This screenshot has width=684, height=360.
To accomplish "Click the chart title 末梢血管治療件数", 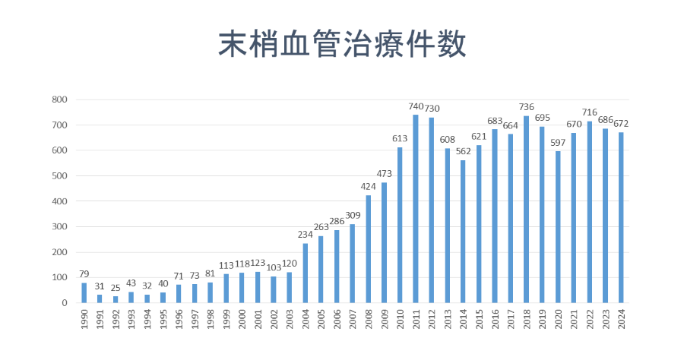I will click(342, 44).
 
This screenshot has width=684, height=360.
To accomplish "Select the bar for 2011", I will click(416, 208).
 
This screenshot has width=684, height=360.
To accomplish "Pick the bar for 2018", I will click(527, 209).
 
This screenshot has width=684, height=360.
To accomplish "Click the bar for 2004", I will click(305, 273).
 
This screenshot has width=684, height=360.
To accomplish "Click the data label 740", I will click(416, 107).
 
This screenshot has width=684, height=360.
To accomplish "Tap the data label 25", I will click(116, 289).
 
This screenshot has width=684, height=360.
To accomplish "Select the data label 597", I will click(559, 144).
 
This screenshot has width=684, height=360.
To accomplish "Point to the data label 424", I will click(368, 188).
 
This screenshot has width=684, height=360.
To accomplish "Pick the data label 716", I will click(590, 113).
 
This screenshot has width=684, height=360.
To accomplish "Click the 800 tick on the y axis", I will click(60, 99).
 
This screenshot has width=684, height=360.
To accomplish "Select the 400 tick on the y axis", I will click(60, 201).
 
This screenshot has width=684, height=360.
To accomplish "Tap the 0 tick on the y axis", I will click(65, 303).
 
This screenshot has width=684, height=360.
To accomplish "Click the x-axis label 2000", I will click(242, 320).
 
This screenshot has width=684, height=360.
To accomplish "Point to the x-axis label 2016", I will click(495, 320).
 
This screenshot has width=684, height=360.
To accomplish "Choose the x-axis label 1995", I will click(163, 320).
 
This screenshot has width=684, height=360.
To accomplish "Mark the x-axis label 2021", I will click(574, 320).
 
